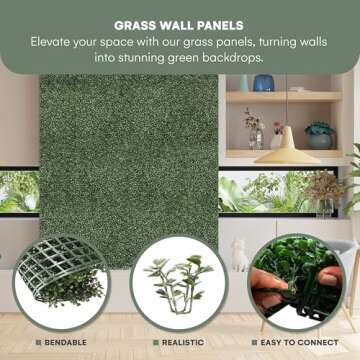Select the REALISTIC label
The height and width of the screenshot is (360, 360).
[x=186, y=342]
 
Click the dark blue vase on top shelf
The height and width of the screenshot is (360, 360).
[x=264, y=84]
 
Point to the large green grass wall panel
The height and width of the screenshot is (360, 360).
[x=128, y=150]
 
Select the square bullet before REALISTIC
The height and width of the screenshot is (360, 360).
[x=155, y=342]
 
